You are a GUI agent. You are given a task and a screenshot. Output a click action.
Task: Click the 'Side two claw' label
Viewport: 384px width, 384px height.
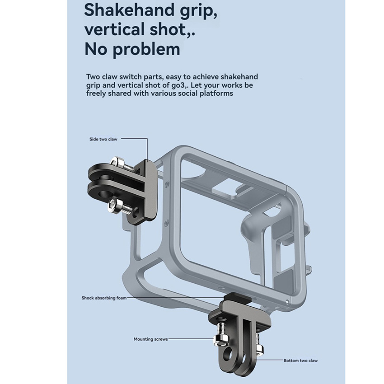[x=103, y=139]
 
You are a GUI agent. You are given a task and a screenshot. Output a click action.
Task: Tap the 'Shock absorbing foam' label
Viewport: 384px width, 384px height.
[x=104, y=298]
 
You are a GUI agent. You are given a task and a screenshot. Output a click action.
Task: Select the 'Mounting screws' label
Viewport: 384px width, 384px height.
[x=150, y=339]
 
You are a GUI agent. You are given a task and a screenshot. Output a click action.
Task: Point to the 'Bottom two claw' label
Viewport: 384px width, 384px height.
[x=300, y=361]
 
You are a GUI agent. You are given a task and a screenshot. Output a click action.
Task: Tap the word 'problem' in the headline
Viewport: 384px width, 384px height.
[x=146, y=50]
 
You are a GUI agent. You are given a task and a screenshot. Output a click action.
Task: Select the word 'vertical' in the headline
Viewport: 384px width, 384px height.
[x=114, y=29]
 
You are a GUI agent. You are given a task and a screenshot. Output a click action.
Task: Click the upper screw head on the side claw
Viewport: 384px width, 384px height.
[x=115, y=162]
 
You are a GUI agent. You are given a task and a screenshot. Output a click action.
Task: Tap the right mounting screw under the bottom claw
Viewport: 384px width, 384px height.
[x=259, y=343]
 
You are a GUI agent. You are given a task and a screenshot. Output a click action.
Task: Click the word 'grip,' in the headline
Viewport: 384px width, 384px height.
[x=198, y=11]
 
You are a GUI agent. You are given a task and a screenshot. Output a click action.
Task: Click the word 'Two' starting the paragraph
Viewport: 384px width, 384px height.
[x=93, y=77]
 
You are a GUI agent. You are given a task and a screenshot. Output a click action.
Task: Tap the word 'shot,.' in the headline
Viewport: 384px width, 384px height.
[x=173, y=29]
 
